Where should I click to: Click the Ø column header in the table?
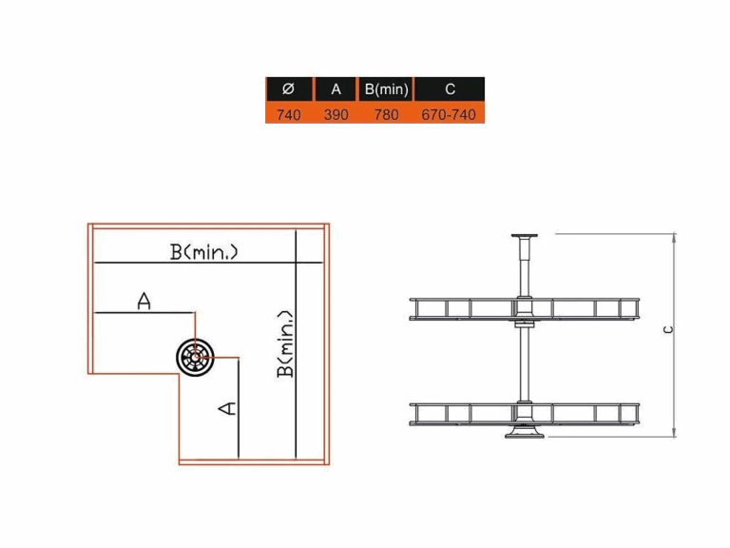tap(289, 88)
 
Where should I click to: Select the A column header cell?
tap(336, 88)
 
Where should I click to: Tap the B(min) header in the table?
tap(386, 88)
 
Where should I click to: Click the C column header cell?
tap(450, 88)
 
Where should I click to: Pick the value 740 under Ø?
tap(289, 114)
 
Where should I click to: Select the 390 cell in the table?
tap(336, 114)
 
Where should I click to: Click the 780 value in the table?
tap(387, 114)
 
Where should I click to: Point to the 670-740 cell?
tap(449, 114)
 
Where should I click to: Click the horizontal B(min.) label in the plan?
tap(204, 252)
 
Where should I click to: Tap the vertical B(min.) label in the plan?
tap(285, 343)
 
